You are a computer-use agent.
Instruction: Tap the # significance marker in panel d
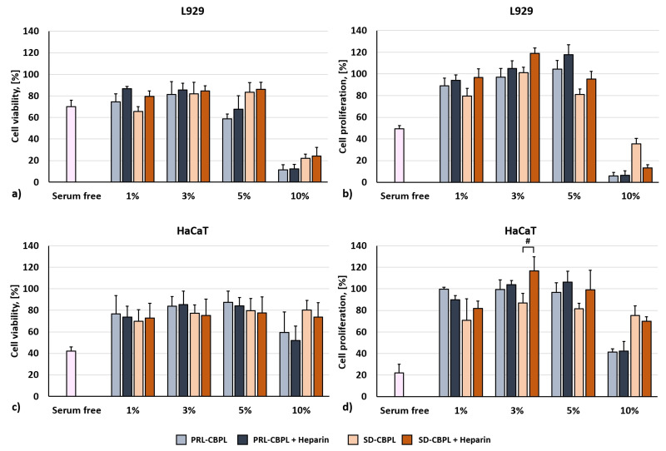click(x=527, y=240)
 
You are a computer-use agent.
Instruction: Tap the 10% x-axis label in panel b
click(x=630, y=196)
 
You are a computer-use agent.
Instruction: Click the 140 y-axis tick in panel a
click(x=32, y=32)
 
